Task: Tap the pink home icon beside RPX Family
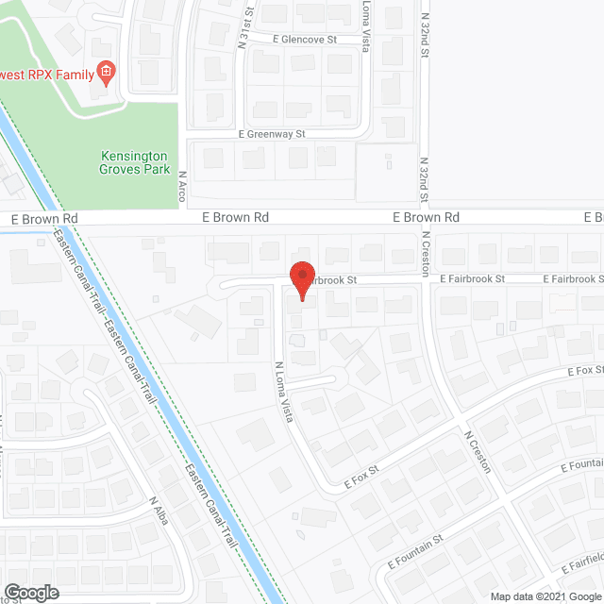pyautogui.click(x=107, y=73)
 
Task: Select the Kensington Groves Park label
pyautogui.click(x=134, y=162)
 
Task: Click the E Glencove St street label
pyautogui.click(x=305, y=40)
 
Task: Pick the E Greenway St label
pyautogui.click(x=273, y=135)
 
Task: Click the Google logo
pyautogui.click(x=30, y=593)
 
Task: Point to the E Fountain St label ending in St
pyautogui.click(x=415, y=553)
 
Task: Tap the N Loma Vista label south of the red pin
pyautogui.click(x=284, y=392)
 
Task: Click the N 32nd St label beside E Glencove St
pyautogui.click(x=425, y=38)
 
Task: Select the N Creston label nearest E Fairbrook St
pyautogui.click(x=426, y=250)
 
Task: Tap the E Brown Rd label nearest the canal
pyautogui.click(x=44, y=218)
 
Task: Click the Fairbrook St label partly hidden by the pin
pyautogui.click(x=334, y=280)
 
